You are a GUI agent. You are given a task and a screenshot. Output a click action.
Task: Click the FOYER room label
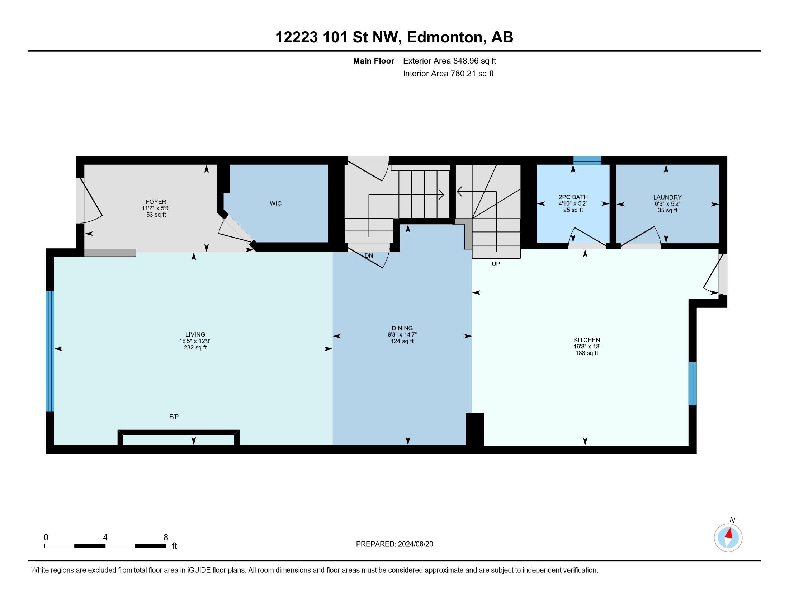[x=156, y=202]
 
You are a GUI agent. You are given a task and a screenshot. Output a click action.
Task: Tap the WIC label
[x=276, y=203]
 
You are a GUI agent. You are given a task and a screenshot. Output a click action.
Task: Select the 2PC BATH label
[x=573, y=197]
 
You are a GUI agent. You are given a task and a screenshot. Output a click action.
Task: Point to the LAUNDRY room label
[x=667, y=197]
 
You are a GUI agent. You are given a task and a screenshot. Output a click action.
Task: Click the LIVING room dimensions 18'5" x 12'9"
[x=195, y=341]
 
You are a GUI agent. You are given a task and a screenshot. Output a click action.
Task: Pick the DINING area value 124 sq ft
[x=402, y=341]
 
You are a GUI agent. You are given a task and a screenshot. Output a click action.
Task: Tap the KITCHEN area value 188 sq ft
[x=587, y=353]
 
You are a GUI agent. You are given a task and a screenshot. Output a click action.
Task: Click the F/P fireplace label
[x=174, y=417]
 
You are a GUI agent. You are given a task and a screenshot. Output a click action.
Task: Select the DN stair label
[x=369, y=256]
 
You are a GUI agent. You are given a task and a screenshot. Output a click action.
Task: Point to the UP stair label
[x=496, y=264]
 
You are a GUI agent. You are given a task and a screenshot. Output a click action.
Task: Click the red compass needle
[x=729, y=533]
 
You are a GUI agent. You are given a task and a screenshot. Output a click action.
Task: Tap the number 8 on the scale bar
[x=166, y=538]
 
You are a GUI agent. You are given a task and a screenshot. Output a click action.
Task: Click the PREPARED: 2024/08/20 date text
[x=394, y=544]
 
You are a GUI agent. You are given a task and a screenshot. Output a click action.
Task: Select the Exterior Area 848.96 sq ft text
[x=449, y=61]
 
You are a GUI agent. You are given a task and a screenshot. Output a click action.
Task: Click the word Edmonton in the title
[x=445, y=37]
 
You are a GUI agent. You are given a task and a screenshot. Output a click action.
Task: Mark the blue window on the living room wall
[x=50, y=351]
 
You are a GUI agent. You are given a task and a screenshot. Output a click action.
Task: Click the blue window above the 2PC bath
[x=587, y=160]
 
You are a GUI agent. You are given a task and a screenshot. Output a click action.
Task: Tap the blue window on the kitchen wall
[x=693, y=384]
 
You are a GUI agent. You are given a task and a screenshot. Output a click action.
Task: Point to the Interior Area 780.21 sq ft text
[x=448, y=74]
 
